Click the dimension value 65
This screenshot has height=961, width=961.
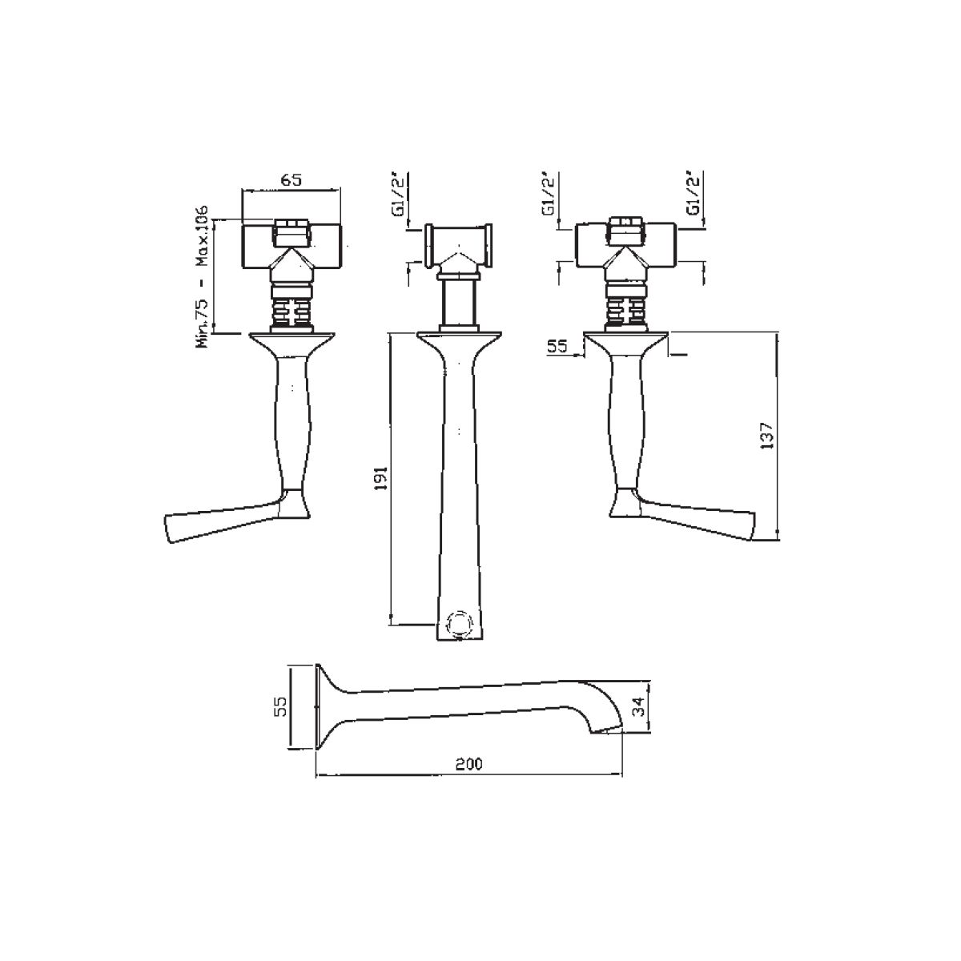pos(292,179)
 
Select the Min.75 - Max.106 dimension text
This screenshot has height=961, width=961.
pos(203,276)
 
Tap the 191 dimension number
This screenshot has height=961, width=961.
pos(380,478)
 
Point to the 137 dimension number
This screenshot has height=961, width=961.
pos(766,436)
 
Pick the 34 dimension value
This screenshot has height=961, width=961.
pos(637,707)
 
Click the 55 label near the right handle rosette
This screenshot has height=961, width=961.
pos(557,347)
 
